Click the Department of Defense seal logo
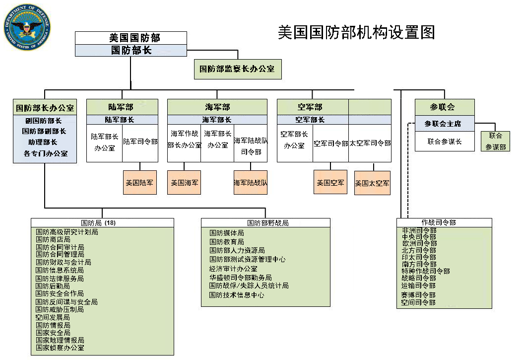pyautogui.click(x=27, y=27)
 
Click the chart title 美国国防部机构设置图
pyautogui.click(x=356, y=32)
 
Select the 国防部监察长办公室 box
pyautogui.click(x=238, y=69)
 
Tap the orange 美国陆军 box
pyautogui.click(x=140, y=183)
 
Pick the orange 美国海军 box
pyautogui.click(x=184, y=183)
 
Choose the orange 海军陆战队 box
pyautogui.click(x=251, y=183)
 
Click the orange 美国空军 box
pyautogui.click(x=330, y=182)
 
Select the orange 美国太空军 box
pyautogui.click(x=372, y=183)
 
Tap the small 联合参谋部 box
pyautogui.click(x=495, y=141)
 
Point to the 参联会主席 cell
pyautogui.click(x=445, y=124)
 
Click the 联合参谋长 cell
pyautogui.click(x=445, y=142)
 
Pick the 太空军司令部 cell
pyautogui.click(x=370, y=143)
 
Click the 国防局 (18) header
pyautogui.click(x=98, y=223)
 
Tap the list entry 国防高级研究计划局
pyautogui.click(x=67, y=232)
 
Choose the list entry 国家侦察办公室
pyautogui.click(x=60, y=348)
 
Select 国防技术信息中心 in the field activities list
pyautogui.click(x=237, y=295)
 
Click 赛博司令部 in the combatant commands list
pyautogui.click(x=419, y=295)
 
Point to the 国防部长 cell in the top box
pyautogui.click(x=131, y=50)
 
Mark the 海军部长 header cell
pyautogui.click(x=217, y=120)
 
